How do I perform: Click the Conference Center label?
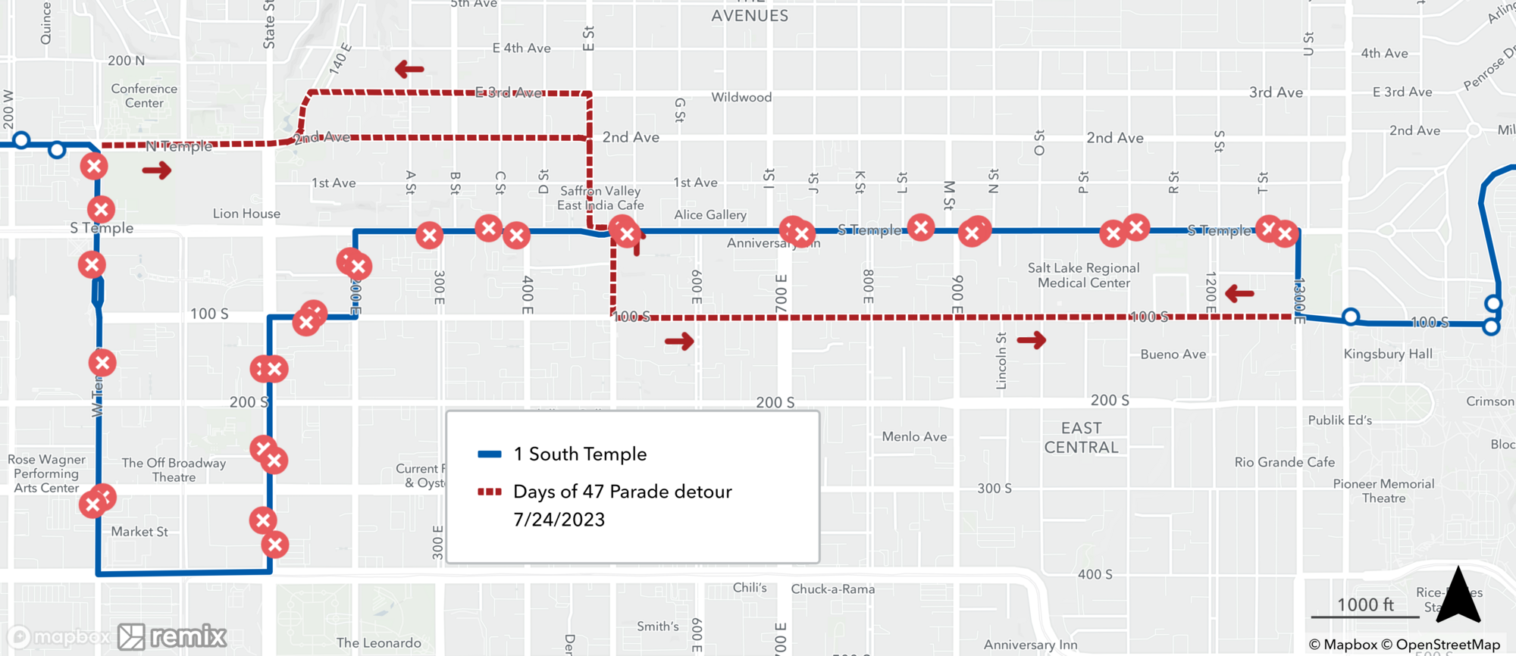[144, 95]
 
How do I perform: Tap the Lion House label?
[246, 214]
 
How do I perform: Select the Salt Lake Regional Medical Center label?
[1083, 275]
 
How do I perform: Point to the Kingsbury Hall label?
[1388, 354]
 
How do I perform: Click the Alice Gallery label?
[710, 215]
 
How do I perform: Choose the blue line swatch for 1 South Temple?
[490, 455]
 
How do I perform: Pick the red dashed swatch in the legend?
[490, 492]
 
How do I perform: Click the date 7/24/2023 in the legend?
[559, 520]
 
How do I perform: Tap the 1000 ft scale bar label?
[1365, 604]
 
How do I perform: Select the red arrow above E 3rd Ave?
[409, 70]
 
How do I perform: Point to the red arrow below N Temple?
[157, 170]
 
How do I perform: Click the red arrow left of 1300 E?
[1239, 293]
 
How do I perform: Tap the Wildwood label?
[741, 97]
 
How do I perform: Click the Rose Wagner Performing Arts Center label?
[47, 473]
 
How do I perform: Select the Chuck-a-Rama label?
[833, 589]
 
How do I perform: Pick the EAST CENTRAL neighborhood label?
[1081, 438]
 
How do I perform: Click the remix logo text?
[188, 637]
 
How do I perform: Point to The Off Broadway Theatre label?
[174, 470]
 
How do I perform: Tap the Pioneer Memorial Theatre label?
[1383, 491]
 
